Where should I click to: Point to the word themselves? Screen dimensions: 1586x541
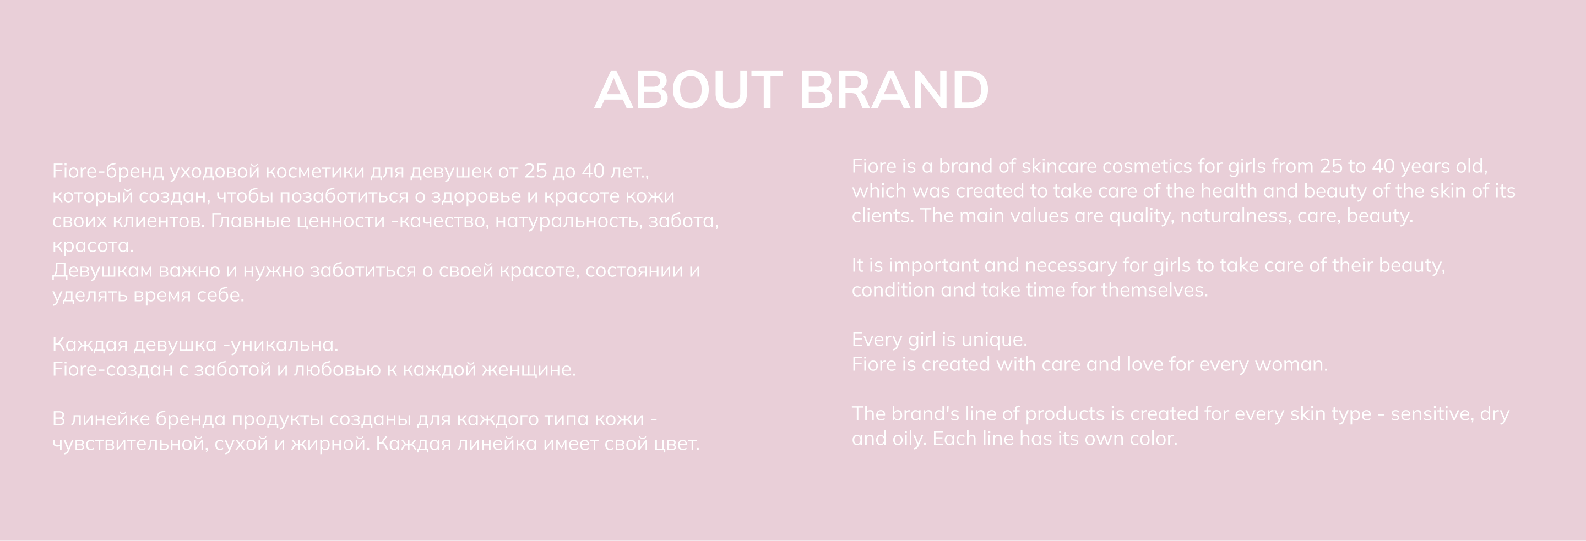[1154, 290]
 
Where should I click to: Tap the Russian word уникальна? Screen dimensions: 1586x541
[285, 345]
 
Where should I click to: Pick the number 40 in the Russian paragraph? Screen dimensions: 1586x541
[593, 171]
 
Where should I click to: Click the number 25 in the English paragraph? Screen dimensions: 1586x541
[1331, 166]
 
